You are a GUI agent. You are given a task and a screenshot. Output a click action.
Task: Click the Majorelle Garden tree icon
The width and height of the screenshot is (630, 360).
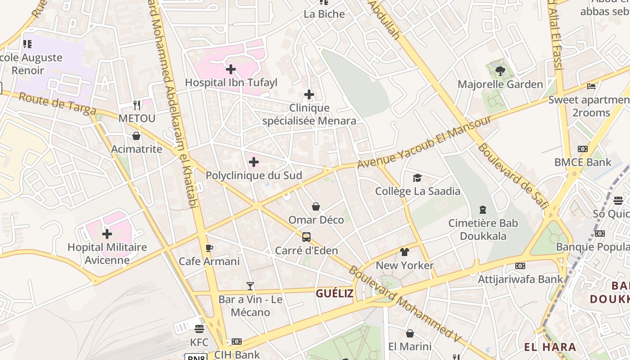pos(500,71)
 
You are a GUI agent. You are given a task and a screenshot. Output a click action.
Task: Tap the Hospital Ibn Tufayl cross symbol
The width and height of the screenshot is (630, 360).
pos(231,69)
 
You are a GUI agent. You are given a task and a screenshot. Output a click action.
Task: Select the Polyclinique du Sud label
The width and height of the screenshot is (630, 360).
pos(254,175)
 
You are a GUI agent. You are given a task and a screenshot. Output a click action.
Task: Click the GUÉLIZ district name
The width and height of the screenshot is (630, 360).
pos(334,294)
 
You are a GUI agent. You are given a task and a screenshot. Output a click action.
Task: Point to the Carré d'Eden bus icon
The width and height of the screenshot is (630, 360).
pos(306,237)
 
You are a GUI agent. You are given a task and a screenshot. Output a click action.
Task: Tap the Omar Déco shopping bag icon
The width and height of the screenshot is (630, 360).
pos(316,207)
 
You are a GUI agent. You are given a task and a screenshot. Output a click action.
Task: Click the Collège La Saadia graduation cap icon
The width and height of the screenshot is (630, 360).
pos(418,178)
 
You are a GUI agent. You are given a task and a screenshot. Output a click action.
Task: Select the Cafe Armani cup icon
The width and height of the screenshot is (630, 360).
pos(209,248)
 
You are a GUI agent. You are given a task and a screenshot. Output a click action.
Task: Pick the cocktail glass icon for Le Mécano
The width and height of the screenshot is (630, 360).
pos(250,286)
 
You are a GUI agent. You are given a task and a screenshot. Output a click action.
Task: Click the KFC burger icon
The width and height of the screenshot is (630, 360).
pos(199,328)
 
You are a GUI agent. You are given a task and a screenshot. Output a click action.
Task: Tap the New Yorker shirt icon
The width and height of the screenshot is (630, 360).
pos(405,252)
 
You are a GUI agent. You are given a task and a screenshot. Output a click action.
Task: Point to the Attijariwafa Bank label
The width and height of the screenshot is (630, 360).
pos(520,279)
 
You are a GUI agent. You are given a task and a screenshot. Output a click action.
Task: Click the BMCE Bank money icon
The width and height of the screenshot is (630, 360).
pos(583,149)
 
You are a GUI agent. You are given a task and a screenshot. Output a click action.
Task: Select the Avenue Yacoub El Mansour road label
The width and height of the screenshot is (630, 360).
pos(424,143)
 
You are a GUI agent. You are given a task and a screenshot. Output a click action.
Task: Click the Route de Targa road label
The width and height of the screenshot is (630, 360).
pos(57,103)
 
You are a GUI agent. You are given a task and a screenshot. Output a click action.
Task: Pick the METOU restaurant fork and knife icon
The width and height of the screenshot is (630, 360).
pos(137,105)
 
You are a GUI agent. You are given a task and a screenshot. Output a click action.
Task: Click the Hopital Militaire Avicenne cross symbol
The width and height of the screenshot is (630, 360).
pos(107,234)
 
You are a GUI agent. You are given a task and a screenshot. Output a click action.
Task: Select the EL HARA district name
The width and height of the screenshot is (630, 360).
pos(550,347)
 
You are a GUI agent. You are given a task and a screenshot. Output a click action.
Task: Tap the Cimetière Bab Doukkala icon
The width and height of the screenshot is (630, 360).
pos(483,210)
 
